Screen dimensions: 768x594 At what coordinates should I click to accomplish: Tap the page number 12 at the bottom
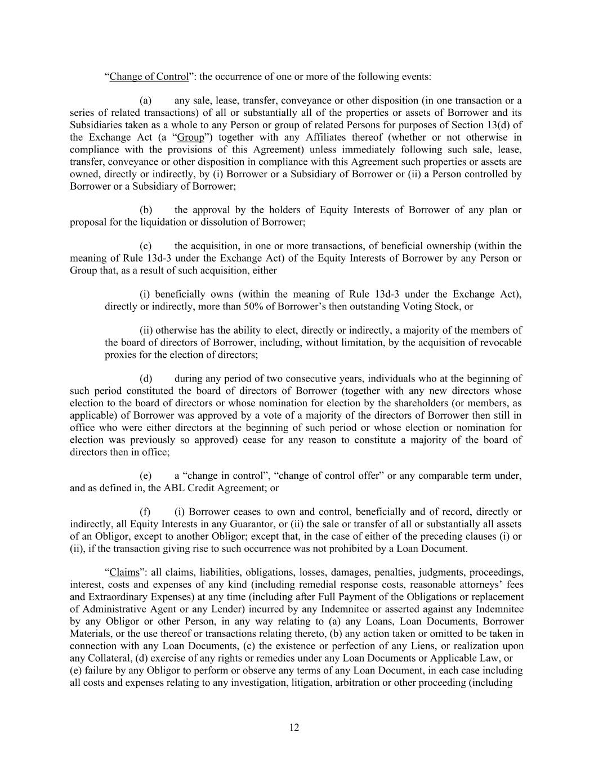click(x=294, y=727)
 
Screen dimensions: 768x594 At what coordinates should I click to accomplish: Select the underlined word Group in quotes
click(x=191, y=137)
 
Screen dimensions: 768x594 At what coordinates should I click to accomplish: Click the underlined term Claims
click(x=124, y=573)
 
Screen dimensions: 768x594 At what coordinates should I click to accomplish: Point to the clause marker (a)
click(x=146, y=101)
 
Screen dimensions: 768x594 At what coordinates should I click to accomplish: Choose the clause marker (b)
click(x=146, y=210)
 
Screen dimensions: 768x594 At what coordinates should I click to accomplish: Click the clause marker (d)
click(x=146, y=379)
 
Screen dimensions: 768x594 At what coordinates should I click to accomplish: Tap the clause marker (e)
click(x=146, y=476)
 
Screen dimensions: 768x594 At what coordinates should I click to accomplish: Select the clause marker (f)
click(x=145, y=512)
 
